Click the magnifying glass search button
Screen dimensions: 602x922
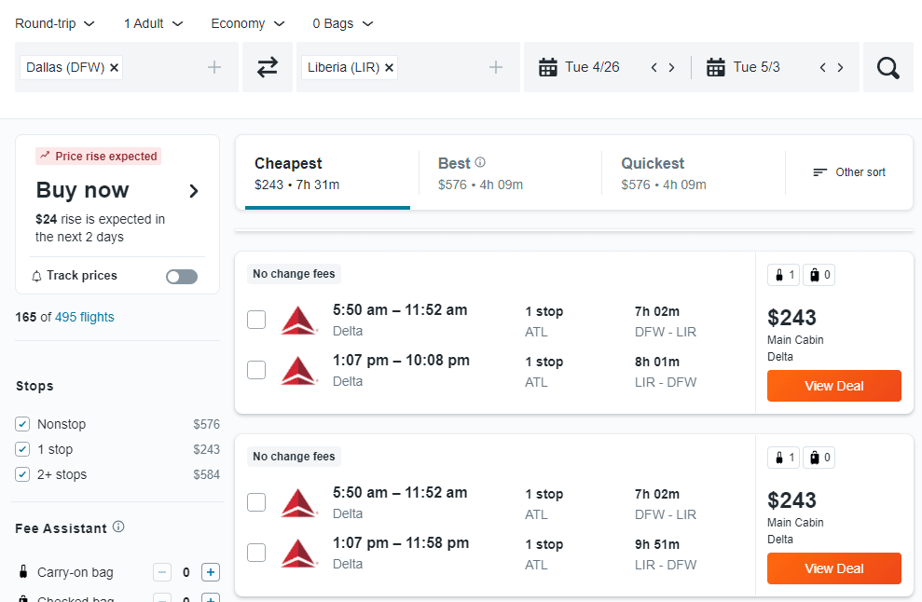888,67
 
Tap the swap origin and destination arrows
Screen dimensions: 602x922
268,67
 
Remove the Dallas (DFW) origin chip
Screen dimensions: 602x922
114,67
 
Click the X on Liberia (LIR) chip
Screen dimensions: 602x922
389,67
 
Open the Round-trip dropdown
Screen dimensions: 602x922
55,23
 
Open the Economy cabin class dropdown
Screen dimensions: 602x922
248,23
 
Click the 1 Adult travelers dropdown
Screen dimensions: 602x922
154,23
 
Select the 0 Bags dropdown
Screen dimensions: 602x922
343,23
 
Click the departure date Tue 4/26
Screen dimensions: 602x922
592,67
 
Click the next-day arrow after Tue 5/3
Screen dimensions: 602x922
840,67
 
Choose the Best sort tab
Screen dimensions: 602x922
480,172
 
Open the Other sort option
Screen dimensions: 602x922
849,172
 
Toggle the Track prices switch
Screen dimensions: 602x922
182,276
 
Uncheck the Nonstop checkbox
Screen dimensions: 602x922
23,424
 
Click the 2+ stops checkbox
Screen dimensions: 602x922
23,474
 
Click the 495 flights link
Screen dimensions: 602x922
85,317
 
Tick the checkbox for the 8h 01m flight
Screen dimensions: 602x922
256,370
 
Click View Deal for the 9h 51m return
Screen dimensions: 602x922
833,568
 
